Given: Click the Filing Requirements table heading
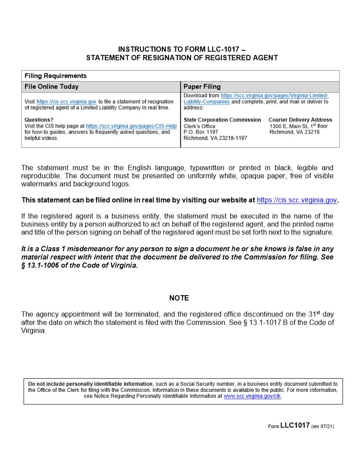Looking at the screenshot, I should (x=56, y=76).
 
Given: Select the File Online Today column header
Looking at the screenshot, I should (x=52, y=86).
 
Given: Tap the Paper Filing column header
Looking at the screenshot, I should (x=202, y=86).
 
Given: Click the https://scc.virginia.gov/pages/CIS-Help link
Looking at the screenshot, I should (x=131, y=126).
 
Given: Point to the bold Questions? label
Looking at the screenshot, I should (x=39, y=120).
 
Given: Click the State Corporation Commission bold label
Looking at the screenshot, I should (x=222, y=120).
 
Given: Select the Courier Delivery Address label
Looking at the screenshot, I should (x=300, y=120).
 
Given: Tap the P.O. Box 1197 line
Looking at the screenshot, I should (x=201, y=132).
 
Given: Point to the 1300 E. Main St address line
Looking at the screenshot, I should (x=298, y=126).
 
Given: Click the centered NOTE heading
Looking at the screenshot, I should (x=179, y=298).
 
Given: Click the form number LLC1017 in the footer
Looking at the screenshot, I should (x=295, y=425).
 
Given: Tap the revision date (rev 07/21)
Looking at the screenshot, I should (x=326, y=426).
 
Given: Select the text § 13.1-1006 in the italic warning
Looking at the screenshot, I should (x=42, y=266).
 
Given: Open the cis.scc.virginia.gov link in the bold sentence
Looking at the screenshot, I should (x=297, y=200).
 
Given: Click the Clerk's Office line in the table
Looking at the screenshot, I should (x=199, y=126).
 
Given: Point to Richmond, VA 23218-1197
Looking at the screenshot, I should (x=215, y=138).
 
